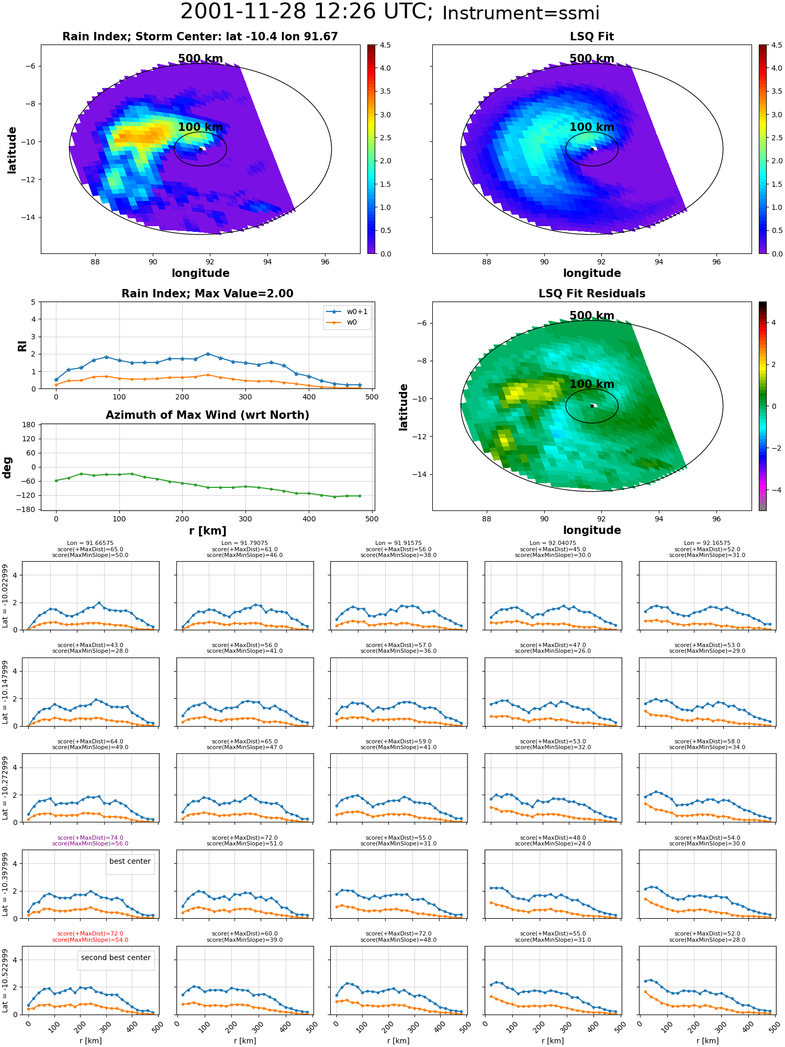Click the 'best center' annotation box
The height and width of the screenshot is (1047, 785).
tap(130, 861)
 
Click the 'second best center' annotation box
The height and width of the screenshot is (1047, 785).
tap(116, 957)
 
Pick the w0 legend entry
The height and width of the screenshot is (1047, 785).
tap(347, 322)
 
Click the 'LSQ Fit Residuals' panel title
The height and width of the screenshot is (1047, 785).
tap(592, 294)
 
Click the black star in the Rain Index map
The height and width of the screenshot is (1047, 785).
tap(200, 149)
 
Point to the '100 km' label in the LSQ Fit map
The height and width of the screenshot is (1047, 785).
tap(592, 127)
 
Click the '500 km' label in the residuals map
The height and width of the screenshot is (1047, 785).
tap(592, 316)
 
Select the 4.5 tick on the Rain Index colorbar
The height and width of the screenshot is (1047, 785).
tap(385, 45)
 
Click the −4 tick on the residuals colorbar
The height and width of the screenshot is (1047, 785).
tap(773, 490)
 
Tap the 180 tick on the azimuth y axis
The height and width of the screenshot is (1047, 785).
tap(29, 425)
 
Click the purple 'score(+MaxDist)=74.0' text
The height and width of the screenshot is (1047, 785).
tap(90, 838)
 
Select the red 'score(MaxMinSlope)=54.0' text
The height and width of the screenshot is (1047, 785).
tap(90, 940)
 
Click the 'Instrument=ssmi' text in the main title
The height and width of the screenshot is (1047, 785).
tap(521, 14)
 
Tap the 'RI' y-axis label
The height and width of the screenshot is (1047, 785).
tap(23, 346)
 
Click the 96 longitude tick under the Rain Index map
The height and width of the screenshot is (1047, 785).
tap(325, 262)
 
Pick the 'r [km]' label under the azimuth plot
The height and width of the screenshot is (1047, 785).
tap(207, 531)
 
